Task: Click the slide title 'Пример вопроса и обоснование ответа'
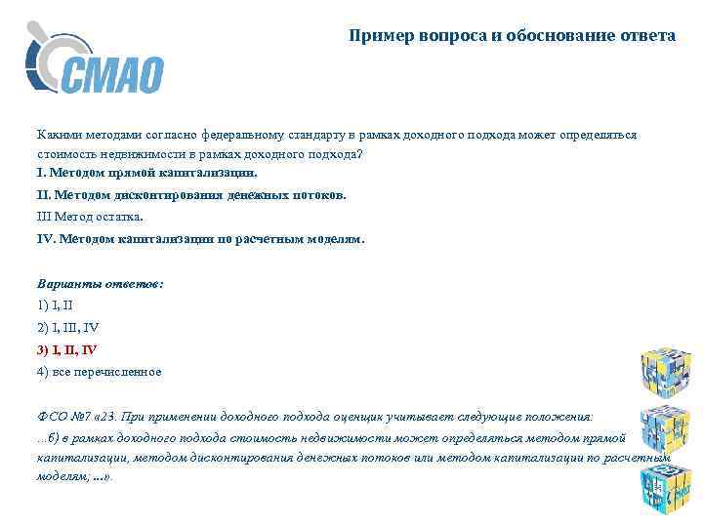513,36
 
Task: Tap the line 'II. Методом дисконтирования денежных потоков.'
191,194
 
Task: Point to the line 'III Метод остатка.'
90,216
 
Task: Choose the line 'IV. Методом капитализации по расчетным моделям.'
200,238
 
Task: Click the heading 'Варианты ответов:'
101,283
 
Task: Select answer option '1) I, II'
62,304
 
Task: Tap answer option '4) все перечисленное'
100,372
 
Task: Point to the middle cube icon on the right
665,426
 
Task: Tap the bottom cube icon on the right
665,487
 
